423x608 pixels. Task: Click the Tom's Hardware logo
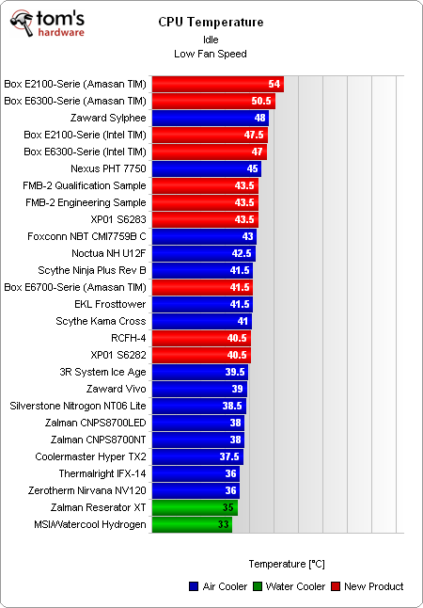click(x=47, y=24)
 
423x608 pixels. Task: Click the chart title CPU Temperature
click(x=211, y=22)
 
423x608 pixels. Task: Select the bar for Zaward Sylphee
click(x=210, y=118)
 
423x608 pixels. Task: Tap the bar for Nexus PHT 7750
click(x=206, y=168)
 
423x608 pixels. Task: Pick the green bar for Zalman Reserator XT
click(x=194, y=507)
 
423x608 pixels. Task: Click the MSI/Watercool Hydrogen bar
click(x=191, y=524)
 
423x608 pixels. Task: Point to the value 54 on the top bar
click(x=274, y=84)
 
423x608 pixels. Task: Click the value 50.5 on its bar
click(x=262, y=101)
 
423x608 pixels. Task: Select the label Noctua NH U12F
click(x=109, y=253)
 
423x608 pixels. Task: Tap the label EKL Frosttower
click(x=110, y=304)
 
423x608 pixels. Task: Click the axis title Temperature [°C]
click(x=287, y=564)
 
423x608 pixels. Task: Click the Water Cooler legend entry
click(x=291, y=586)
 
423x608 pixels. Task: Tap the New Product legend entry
click(x=367, y=586)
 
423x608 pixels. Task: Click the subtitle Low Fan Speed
click(x=211, y=54)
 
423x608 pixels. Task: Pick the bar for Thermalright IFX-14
click(x=196, y=473)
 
